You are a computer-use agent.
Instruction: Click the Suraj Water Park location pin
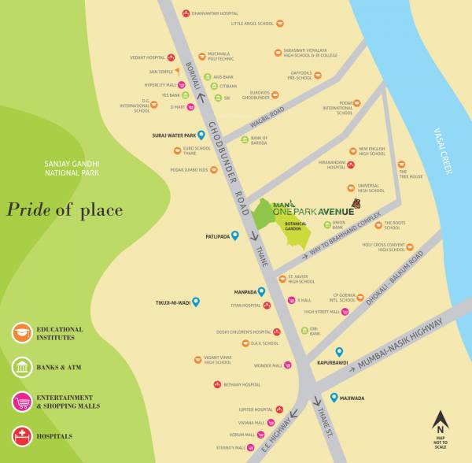pos(201,135)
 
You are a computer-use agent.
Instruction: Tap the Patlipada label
pos(216,235)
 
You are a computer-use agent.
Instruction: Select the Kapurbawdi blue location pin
pos(339,352)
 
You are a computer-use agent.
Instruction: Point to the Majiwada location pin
pos(334,398)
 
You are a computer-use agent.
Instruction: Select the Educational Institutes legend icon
pos(22,332)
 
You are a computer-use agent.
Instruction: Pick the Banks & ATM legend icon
pos(22,367)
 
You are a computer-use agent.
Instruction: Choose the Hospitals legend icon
pos(22,435)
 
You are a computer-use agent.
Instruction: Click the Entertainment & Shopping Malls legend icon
pos(22,402)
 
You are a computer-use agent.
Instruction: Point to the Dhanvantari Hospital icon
pos(186,13)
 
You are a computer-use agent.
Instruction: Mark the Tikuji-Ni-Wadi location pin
pos(196,302)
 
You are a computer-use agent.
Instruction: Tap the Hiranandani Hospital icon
pos(351,165)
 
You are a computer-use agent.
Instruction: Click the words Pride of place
pos(65,209)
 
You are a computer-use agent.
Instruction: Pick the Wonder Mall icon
pos(288,365)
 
